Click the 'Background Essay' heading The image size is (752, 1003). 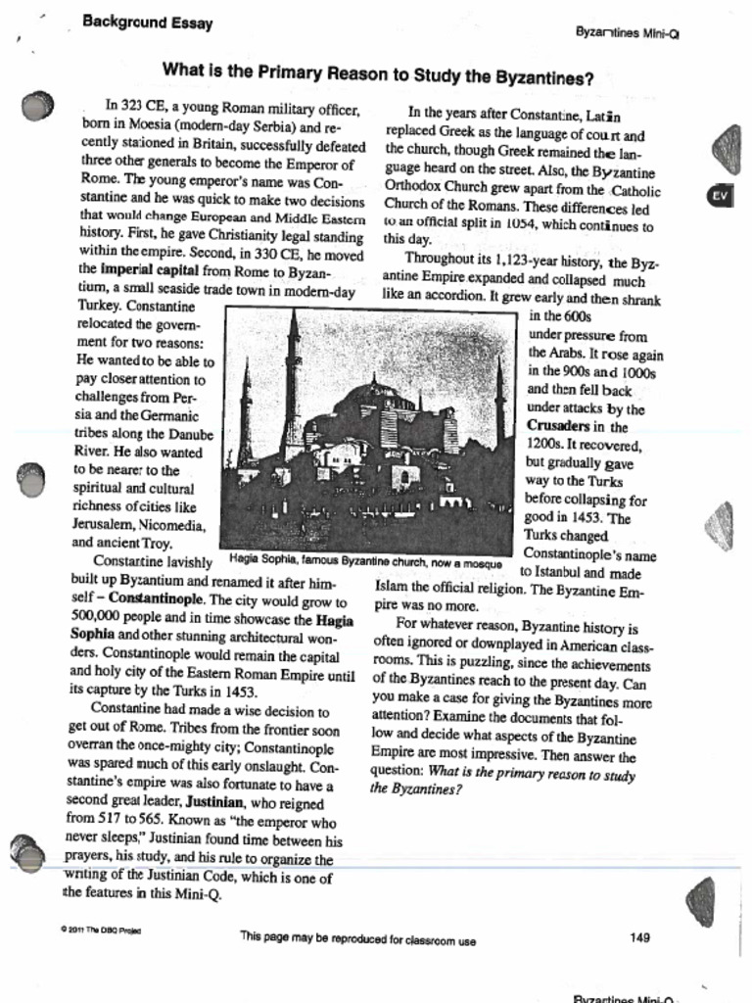147,22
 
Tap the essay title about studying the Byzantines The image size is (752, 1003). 378,72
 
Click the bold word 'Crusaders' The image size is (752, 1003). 563,427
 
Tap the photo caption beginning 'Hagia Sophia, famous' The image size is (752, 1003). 365,564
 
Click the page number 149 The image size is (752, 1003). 639,937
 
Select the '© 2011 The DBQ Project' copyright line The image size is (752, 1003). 101,930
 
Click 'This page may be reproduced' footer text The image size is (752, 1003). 357,938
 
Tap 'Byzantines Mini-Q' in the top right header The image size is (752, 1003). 628,32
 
